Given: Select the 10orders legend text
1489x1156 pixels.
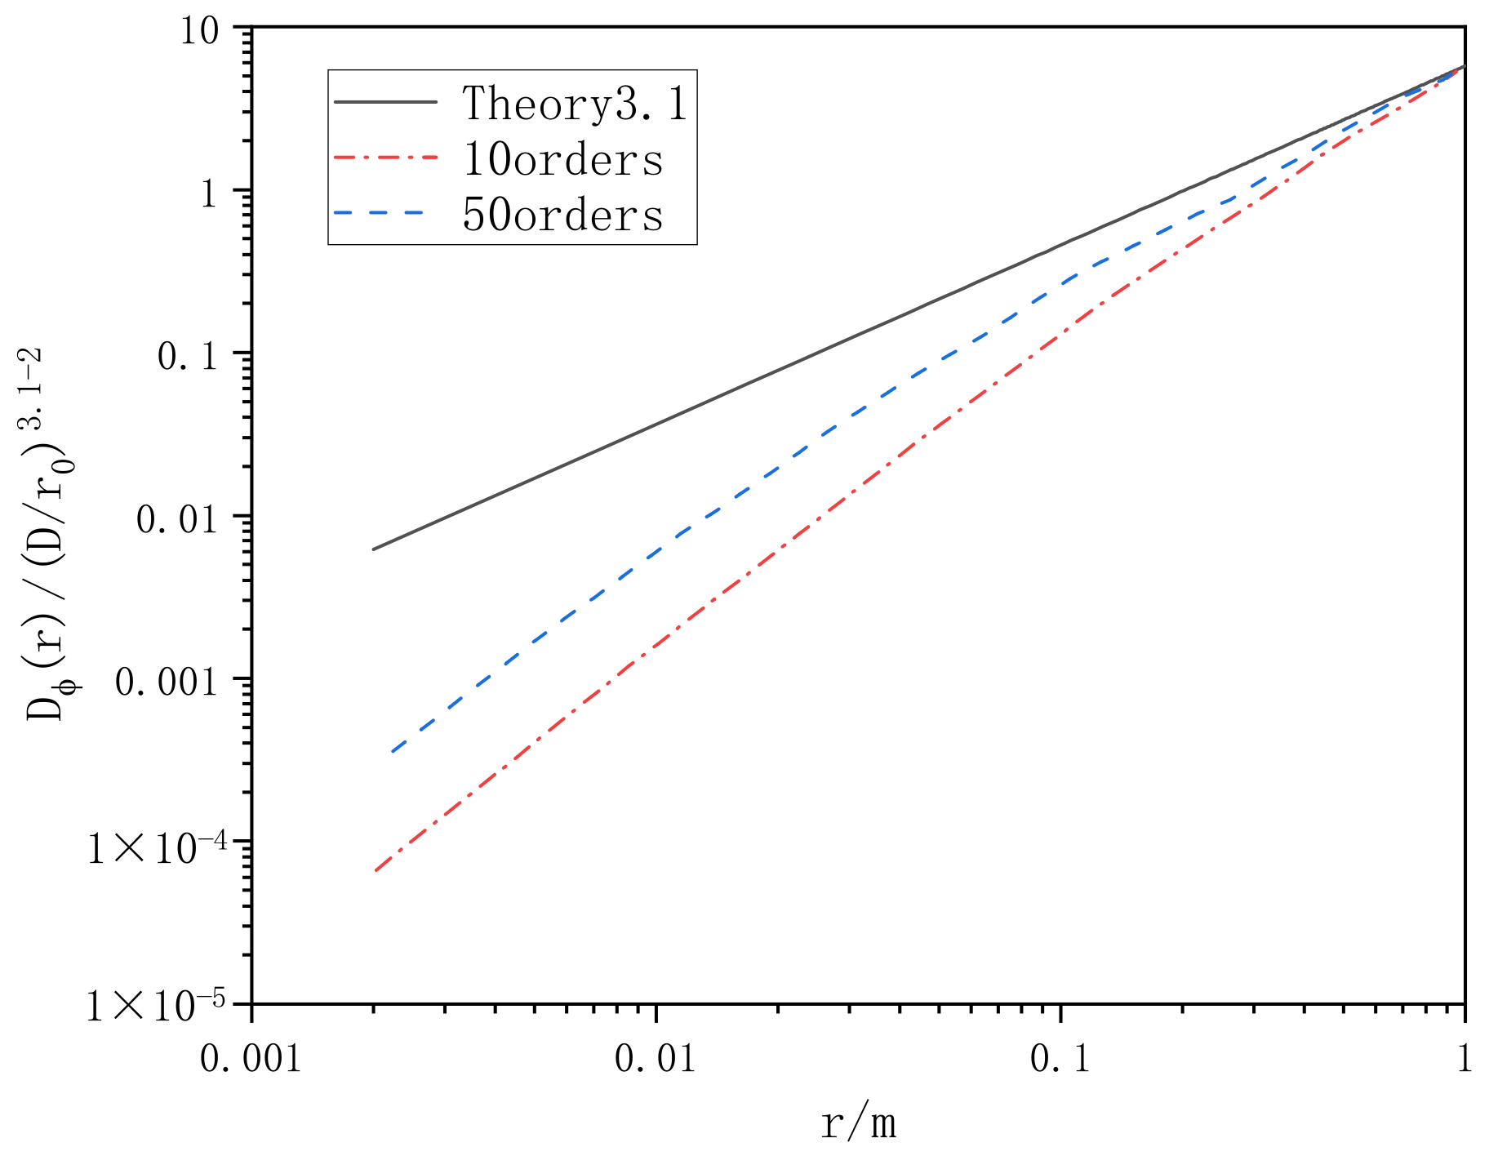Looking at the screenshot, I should (562, 159).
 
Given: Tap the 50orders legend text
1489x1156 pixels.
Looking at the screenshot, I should (562, 215).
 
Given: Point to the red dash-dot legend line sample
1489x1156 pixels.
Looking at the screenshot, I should (385, 158).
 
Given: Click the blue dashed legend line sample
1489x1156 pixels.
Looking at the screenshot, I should (385, 214).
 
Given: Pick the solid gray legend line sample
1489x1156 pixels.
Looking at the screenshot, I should (385, 102).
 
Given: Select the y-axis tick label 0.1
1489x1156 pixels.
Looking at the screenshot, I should (188, 356).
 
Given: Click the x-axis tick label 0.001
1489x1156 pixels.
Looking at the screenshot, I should (251, 1059).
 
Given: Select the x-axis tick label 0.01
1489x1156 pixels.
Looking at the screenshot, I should (656, 1059).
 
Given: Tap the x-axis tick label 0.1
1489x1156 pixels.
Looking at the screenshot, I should (1060, 1059).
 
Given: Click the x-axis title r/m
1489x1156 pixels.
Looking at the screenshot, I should (858, 1124).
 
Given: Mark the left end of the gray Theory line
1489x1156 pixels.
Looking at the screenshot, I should (374, 549).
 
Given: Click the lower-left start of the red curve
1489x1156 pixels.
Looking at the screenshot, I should (376, 871).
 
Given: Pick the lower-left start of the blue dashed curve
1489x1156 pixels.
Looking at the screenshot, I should (393, 752).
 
